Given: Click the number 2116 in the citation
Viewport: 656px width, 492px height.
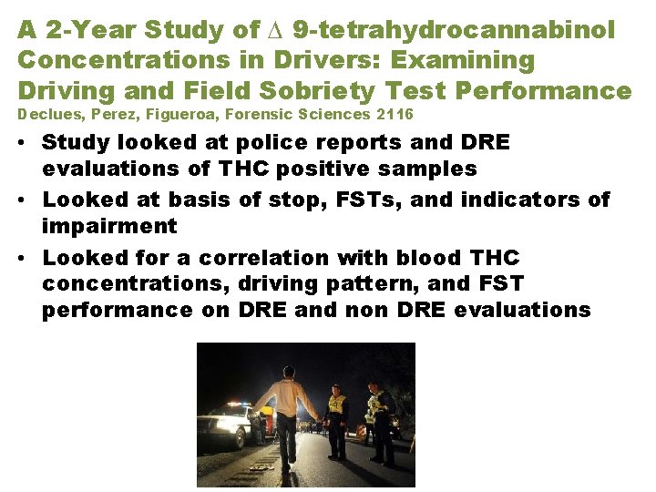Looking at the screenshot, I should [395, 115].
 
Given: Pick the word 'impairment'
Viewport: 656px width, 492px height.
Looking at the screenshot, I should [108, 225].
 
